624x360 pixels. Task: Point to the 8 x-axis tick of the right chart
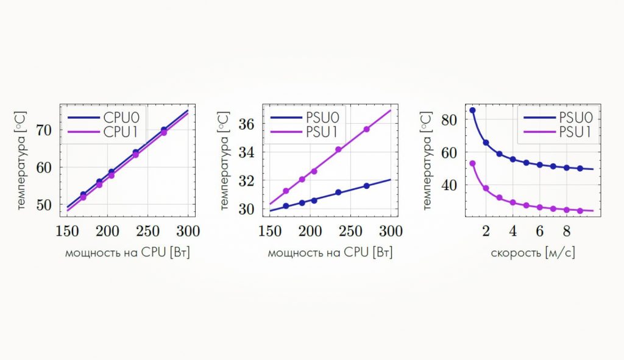click(566, 231)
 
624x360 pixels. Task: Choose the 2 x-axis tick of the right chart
click(486, 231)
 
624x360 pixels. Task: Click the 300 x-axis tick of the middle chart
click(391, 231)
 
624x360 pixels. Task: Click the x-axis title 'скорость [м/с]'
click(533, 253)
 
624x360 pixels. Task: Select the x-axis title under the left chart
click(127, 253)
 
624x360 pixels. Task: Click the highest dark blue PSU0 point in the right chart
click(472, 110)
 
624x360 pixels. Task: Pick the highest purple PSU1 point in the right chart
click(472, 163)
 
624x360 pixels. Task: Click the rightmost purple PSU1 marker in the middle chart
click(367, 129)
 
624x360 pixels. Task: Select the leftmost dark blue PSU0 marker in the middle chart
click(286, 206)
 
